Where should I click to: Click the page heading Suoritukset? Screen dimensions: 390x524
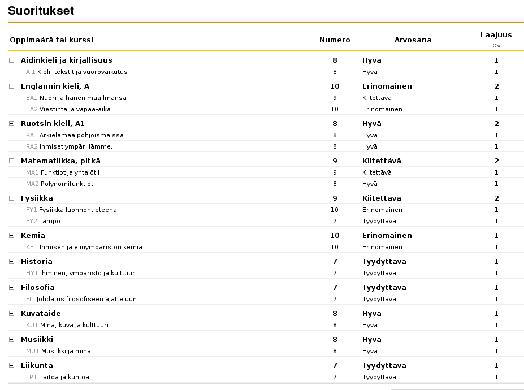[x=41, y=11]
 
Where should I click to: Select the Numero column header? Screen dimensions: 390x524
[x=335, y=40]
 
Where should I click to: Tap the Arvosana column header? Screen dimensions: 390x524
[x=413, y=40]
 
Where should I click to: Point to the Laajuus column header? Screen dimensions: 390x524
[x=496, y=35]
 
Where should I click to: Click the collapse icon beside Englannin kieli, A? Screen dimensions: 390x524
[x=12, y=86]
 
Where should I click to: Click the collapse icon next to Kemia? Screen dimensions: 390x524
[x=12, y=236]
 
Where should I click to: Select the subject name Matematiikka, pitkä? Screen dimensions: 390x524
[x=60, y=161]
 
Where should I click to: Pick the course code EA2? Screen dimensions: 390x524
[x=32, y=109]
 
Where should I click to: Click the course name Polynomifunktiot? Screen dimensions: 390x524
[x=67, y=184]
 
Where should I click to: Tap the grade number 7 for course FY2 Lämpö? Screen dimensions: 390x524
[x=335, y=221]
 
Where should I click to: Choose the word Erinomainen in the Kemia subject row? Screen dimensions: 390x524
[x=387, y=236]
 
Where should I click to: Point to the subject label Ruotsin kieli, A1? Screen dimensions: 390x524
[x=53, y=124]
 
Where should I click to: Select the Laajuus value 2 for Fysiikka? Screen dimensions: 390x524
[x=496, y=198]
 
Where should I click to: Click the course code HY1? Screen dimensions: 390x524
[x=32, y=273]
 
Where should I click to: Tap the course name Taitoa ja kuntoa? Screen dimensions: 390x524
[x=64, y=377]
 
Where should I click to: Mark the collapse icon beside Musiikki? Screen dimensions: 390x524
[x=12, y=340]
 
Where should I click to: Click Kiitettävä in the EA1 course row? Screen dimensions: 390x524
[x=377, y=98]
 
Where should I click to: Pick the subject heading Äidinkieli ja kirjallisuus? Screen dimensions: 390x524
[x=66, y=60]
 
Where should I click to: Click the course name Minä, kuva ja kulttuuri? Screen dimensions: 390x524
[x=74, y=325]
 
